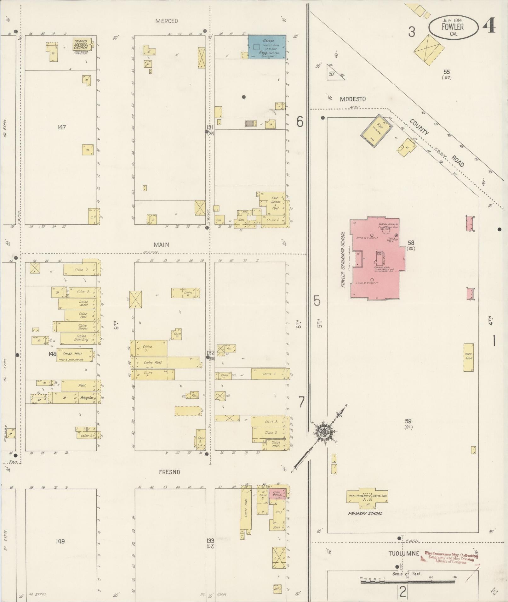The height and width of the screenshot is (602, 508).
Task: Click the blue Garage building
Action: (x=267, y=47)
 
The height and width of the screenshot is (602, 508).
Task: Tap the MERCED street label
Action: (x=166, y=21)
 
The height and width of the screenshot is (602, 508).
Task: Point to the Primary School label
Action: (x=365, y=513)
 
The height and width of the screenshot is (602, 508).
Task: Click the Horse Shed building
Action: (x=468, y=357)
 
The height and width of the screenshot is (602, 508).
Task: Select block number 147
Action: (x=62, y=127)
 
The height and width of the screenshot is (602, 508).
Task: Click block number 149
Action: (x=60, y=541)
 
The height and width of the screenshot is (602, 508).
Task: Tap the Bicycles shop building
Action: (x=87, y=398)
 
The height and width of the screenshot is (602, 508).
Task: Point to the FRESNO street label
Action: (x=169, y=472)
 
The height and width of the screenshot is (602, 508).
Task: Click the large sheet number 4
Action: (x=488, y=26)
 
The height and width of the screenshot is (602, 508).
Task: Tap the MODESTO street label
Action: (x=353, y=99)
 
